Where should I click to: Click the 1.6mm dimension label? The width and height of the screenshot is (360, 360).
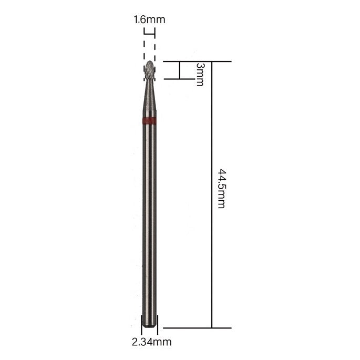[149, 19]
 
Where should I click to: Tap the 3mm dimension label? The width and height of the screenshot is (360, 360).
[200, 75]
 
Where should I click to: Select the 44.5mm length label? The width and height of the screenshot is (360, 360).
[222, 189]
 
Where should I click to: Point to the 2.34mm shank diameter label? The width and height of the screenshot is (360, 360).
[151, 342]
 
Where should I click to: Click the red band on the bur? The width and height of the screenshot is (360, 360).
[149, 120]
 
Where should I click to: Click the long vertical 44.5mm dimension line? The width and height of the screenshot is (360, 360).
[212, 194]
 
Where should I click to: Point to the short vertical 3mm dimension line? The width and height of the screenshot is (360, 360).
[180, 70]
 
